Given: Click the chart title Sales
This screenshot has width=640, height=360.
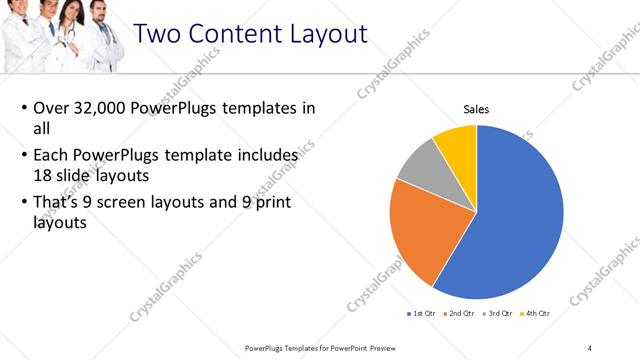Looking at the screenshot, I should point(476,109).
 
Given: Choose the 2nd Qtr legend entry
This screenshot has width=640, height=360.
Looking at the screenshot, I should point(459,313).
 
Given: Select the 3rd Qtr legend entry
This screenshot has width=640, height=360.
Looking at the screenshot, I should point(498,313).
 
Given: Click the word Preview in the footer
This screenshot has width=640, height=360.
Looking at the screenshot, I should point(392,347).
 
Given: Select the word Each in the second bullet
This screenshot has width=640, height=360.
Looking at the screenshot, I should point(52,156).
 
